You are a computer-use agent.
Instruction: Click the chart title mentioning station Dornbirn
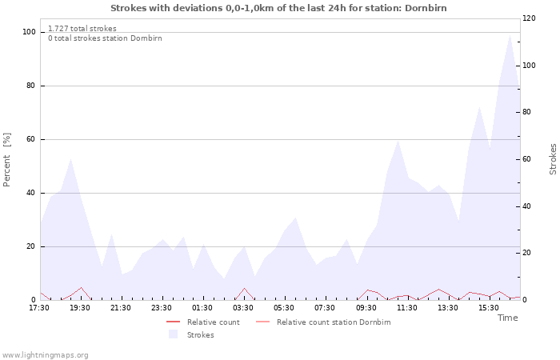coord(278,8)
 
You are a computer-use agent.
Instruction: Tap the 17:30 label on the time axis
coord(39,308)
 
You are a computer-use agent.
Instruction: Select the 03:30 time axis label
coord(243,308)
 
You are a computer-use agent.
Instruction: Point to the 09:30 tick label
coord(366,308)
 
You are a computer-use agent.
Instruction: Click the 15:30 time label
coord(489,308)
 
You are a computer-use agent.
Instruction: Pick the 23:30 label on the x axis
coord(162,308)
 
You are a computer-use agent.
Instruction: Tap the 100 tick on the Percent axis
coord(29,32)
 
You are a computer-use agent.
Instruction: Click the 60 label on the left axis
coord(30,139)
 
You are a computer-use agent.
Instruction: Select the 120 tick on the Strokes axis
coord(529,18)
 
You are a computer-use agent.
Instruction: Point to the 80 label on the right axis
coord(527,112)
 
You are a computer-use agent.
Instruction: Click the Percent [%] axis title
coord(6,160)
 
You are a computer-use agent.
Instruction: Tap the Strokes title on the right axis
coord(553,159)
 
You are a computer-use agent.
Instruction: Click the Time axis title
coord(507,318)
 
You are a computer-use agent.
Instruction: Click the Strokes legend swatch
coord(174,334)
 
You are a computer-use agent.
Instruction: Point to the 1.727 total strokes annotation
coord(82,29)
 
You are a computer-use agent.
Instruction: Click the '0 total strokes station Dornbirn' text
coord(105,38)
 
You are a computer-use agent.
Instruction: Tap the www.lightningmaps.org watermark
coord(44,355)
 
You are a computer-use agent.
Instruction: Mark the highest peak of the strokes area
coord(510,34)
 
